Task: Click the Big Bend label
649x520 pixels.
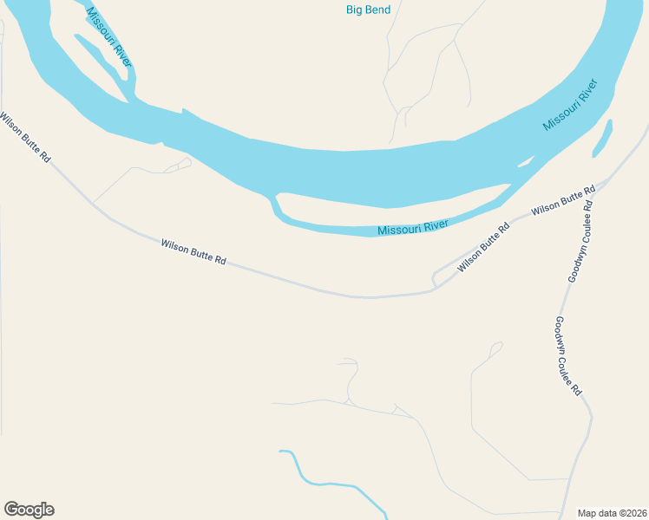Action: pyautogui.click(x=368, y=10)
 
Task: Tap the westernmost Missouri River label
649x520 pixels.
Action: pyautogui.click(x=109, y=37)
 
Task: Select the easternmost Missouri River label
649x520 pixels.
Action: pyautogui.click(x=571, y=106)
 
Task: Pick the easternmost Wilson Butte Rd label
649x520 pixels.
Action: pyautogui.click(x=563, y=200)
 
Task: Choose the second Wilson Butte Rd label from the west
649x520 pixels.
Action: pyautogui.click(x=193, y=252)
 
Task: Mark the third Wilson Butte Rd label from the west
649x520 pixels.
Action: pyautogui.click(x=483, y=248)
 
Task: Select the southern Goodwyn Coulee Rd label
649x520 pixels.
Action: pyautogui.click(x=567, y=356)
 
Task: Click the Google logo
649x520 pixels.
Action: pyautogui.click(x=29, y=510)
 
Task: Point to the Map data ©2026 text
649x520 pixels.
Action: pyautogui.click(x=612, y=512)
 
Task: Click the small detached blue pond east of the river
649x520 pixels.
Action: pyautogui.click(x=602, y=139)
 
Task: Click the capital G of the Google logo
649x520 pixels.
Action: pyautogui.click(x=11, y=510)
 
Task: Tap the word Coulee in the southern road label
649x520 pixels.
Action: pyautogui.click(x=568, y=359)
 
